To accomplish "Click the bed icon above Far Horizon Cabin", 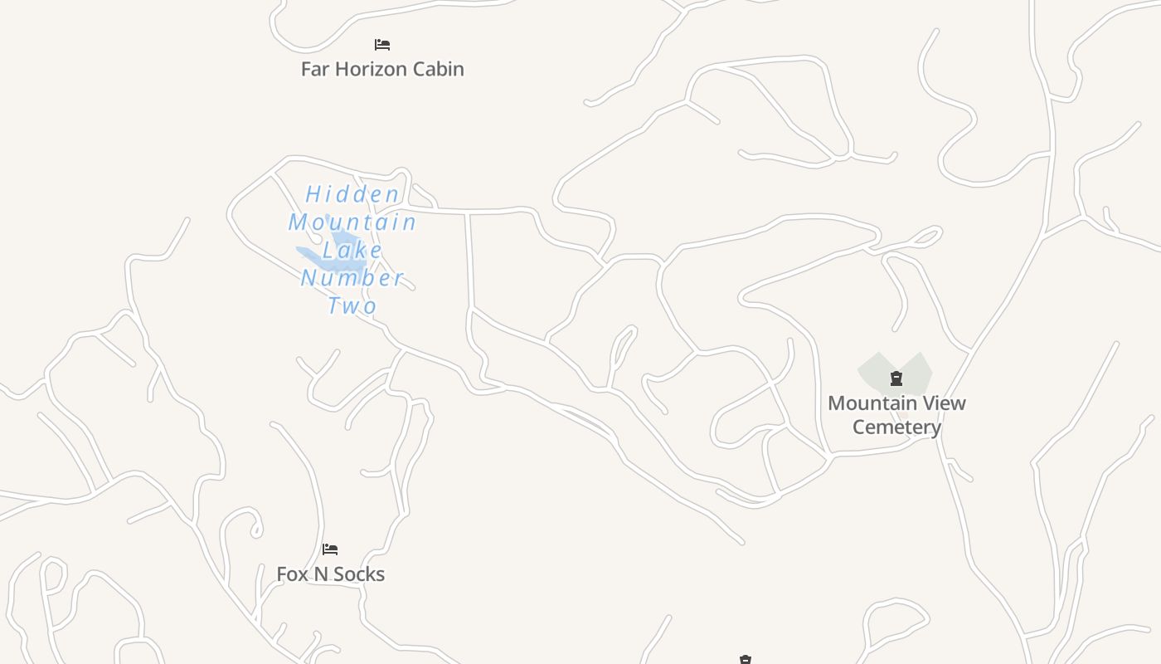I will coord(381,45).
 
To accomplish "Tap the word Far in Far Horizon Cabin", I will coord(315,69).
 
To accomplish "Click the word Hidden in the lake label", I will coord(352,195).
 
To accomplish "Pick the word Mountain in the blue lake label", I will coord(352,222).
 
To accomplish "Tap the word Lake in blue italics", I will coord(352,250).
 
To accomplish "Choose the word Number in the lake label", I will coord(352,277).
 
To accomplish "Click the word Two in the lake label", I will coord(352,305).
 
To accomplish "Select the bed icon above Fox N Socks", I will coord(330,549).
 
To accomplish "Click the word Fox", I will coord(291,574).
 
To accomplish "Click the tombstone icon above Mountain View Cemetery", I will coord(896,379).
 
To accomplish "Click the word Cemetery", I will coord(896,427).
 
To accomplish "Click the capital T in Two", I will coord(335,305).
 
